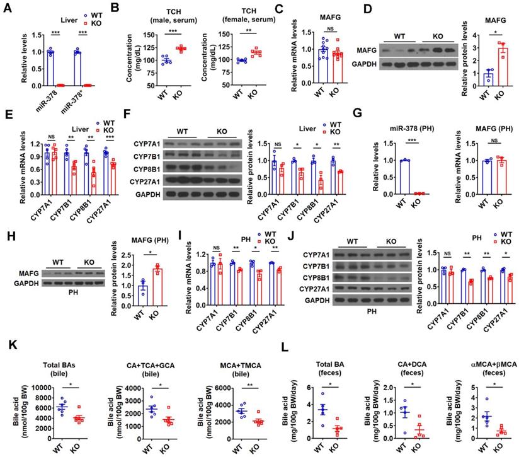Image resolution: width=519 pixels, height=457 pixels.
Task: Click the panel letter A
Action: coord(7,8)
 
